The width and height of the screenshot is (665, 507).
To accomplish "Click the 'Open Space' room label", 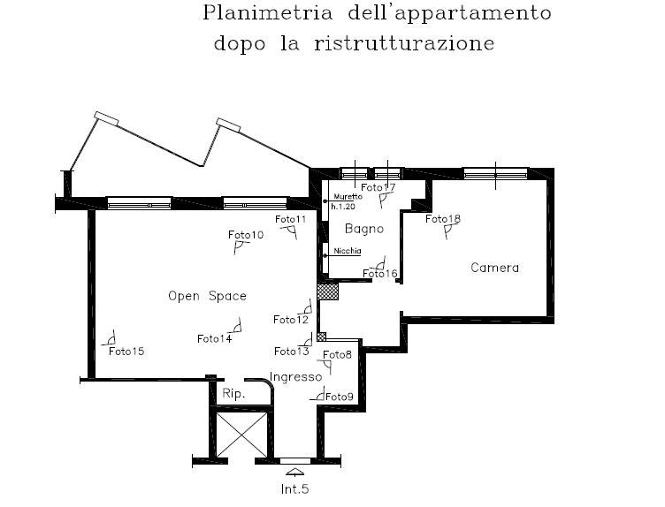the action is (x=207, y=296).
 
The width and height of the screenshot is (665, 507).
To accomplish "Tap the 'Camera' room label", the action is (x=494, y=268).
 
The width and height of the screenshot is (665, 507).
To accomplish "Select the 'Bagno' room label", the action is (x=364, y=229).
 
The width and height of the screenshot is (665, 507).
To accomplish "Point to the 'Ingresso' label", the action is (x=295, y=376).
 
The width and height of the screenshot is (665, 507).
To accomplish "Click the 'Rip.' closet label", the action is (x=233, y=394).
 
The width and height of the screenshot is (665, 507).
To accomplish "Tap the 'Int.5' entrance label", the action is (x=294, y=489).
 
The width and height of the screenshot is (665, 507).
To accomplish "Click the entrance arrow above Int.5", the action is (x=294, y=472).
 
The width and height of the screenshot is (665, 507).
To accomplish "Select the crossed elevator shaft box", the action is (x=241, y=435).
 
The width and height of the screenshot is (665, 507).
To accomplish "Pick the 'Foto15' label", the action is (x=126, y=352).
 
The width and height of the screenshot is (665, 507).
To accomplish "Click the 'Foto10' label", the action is (x=246, y=235).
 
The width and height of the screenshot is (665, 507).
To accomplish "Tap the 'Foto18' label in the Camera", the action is (x=443, y=219).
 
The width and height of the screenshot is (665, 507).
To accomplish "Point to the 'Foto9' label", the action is (x=340, y=397).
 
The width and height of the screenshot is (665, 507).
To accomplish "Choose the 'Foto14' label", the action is (x=215, y=339).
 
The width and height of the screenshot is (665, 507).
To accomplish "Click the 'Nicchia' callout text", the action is (x=348, y=251).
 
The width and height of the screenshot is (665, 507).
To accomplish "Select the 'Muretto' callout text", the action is (x=348, y=197).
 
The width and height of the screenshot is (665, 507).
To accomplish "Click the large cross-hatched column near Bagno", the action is (x=327, y=292).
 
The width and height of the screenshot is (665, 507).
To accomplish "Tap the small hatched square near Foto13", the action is (x=322, y=337).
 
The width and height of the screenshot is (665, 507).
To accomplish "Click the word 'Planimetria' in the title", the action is (x=268, y=12).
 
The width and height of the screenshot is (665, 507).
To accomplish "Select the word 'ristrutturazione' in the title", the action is (x=404, y=43).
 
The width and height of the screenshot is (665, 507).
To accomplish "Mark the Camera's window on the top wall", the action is (x=495, y=174).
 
